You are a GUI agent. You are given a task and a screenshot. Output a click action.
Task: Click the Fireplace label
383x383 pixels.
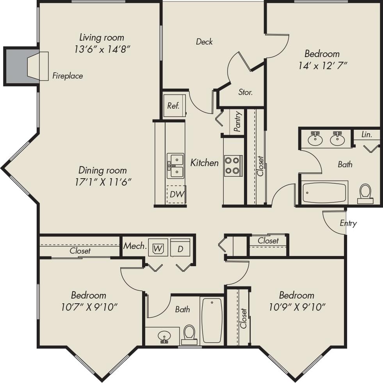point(68,76)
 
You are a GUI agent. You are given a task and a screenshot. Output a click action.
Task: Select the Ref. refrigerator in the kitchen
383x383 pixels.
point(173,106)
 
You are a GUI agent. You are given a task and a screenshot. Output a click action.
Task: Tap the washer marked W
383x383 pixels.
point(158,248)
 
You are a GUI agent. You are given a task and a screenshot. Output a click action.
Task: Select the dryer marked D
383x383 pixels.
point(180,248)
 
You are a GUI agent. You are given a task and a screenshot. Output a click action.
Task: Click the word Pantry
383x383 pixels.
point(237,122)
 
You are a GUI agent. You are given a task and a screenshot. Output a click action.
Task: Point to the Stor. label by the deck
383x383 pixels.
point(246,93)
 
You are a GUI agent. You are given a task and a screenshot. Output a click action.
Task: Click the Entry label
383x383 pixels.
point(348,223)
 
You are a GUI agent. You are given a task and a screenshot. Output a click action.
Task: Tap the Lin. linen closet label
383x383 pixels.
point(366,135)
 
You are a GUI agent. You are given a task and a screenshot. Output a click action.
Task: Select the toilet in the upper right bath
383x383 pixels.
point(365,193)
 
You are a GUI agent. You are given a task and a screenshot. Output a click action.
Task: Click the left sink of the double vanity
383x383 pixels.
point(315,139)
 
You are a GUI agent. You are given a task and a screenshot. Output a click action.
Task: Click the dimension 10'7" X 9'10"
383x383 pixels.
point(89,307)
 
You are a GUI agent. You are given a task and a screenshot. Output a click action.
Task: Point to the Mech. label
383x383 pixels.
point(135,246)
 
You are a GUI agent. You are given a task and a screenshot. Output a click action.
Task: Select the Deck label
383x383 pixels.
point(204,41)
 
